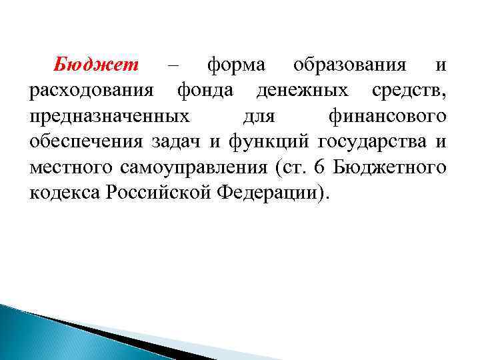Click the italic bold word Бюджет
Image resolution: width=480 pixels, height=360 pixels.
pyautogui.click(x=96, y=65)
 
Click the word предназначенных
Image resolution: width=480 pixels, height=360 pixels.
pyautogui.click(x=109, y=116)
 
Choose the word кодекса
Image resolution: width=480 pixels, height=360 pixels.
pyautogui.click(x=65, y=192)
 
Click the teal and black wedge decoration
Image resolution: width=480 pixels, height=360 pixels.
pyautogui.click(x=87, y=333)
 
